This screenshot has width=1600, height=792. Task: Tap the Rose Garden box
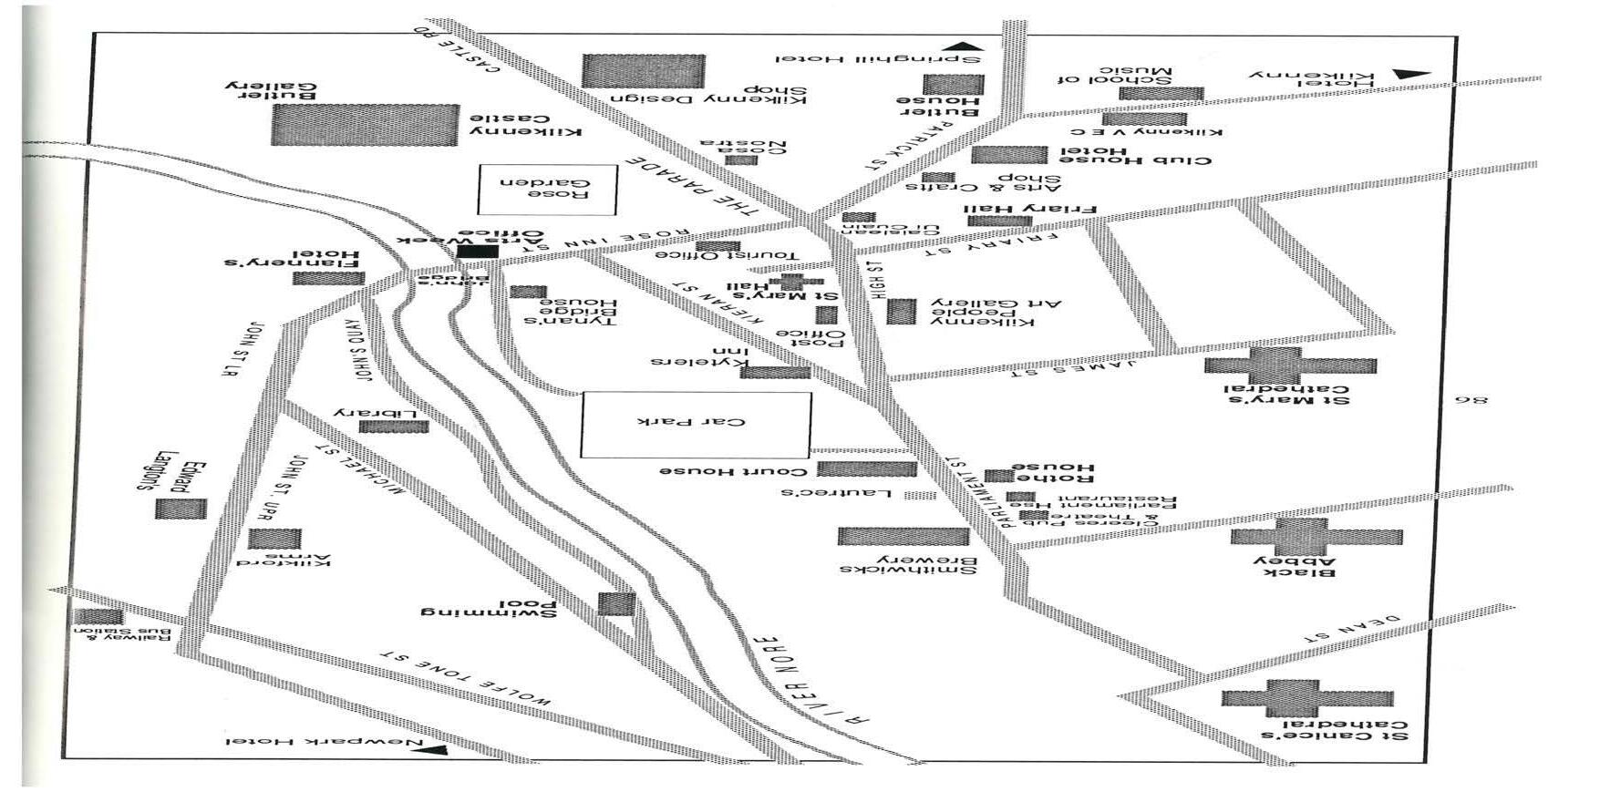pos(548,189)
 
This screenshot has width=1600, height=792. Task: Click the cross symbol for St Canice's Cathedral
pos(1306,698)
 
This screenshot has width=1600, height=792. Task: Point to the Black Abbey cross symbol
pos(1315,537)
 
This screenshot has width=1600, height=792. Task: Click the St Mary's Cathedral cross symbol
pos(1289,365)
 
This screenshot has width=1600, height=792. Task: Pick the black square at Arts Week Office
pos(478,252)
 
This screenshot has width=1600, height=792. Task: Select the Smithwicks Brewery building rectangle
pos(903,536)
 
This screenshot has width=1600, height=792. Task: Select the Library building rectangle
pos(393,427)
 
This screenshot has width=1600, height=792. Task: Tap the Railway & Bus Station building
pos(98,616)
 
